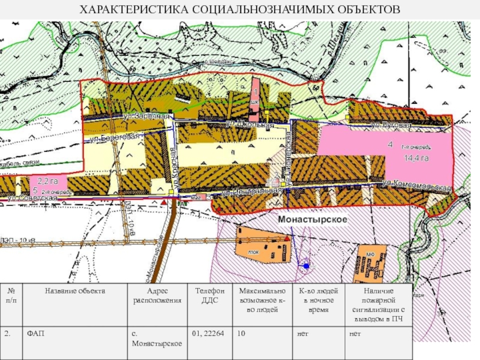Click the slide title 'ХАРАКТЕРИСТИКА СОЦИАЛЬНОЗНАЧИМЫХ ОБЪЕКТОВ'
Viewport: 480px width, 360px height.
pos(240,10)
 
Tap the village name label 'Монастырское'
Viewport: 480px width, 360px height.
pos(314,220)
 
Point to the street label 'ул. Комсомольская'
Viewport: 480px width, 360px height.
pos(416,186)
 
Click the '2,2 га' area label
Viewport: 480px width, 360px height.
pos(47,180)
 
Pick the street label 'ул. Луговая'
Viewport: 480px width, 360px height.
pos(391,125)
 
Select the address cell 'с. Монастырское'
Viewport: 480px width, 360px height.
pos(157,338)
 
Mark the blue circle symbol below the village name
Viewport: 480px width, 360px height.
pos(306,266)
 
